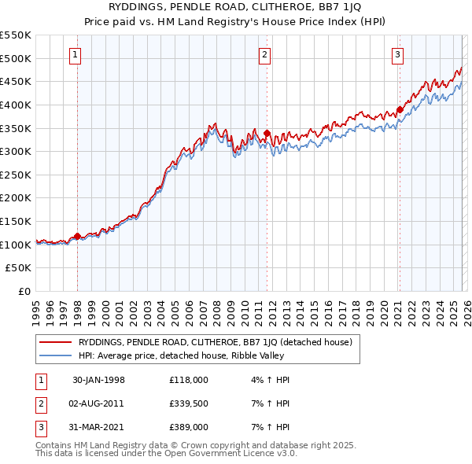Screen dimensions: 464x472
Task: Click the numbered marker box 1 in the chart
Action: tap(75, 54)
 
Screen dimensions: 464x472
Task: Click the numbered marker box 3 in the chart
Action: tap(398, 54)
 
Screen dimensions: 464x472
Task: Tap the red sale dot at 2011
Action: tap(267, 133)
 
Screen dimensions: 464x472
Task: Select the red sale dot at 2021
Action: tap(400, 110)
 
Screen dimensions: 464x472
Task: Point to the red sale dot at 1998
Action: tap(77, 236)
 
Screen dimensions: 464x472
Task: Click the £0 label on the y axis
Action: tap(24, 291)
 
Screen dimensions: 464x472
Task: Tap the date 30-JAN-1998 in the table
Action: tap(98, 380)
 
